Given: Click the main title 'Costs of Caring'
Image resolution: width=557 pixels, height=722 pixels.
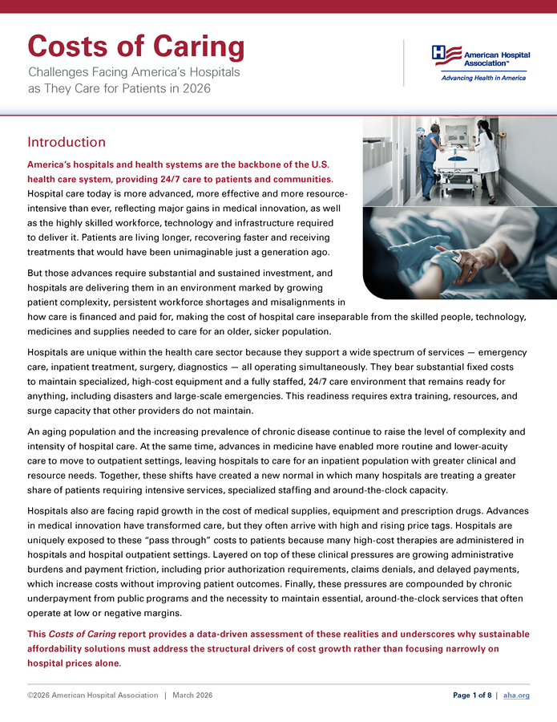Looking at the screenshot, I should (x=135, y=47).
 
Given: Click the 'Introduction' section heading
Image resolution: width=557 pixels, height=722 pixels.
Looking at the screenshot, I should (x=67, y=142).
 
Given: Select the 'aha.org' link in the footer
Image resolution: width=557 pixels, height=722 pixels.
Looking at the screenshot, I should (x=516, y=695).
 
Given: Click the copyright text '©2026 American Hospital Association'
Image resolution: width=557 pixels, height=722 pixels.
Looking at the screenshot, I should (x=92, y=695).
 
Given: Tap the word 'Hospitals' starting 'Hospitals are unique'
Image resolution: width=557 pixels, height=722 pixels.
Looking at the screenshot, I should (x=50, y=352).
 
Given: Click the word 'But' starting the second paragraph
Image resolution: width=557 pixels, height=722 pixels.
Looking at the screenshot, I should (x=36, y=274).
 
